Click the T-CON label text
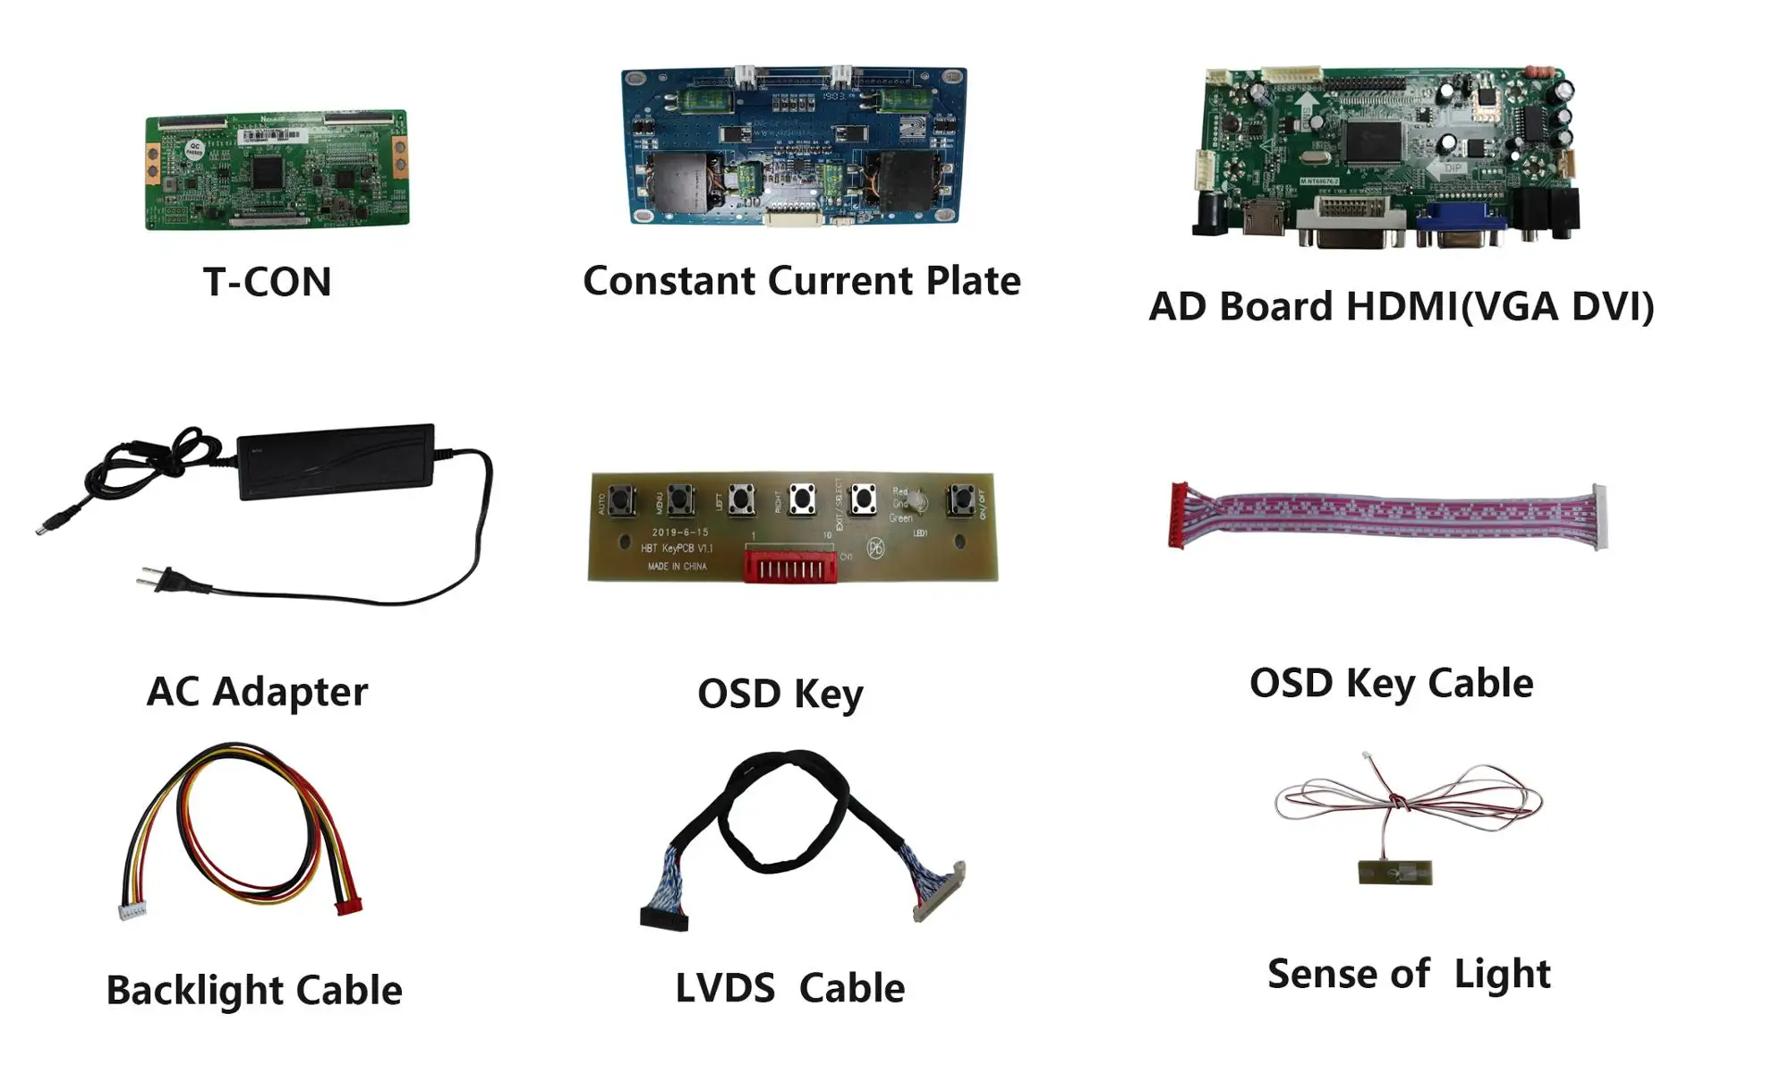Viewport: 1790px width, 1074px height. pos(267,282)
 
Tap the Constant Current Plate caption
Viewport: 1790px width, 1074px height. pos(801,281)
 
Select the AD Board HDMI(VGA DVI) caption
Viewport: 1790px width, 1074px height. pos(1401,306)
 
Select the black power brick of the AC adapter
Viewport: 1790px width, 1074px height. pos(336,461)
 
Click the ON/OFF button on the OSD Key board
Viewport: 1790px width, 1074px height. pos(960,499)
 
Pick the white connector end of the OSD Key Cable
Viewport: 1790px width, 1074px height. pos(1598,516)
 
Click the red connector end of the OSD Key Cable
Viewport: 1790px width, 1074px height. pos(1179,516)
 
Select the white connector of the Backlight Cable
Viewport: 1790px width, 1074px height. pos(132,910)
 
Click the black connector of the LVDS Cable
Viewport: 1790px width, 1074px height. pos(664,917)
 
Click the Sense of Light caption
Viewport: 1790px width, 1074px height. pos(1409,974)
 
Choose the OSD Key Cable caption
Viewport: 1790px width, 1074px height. pos(1391,684)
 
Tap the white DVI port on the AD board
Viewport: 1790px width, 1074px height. pos(1353,221)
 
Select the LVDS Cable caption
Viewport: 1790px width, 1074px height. pos(789,989)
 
